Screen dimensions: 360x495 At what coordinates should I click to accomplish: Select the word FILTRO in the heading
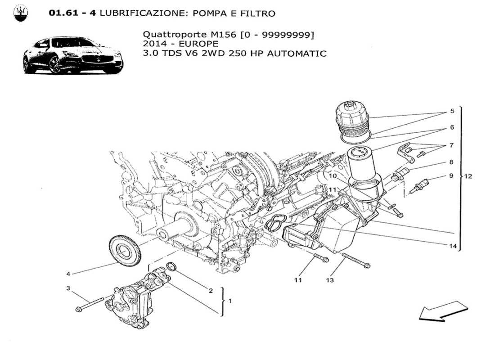click(260, 13)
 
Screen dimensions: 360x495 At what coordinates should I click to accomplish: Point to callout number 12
click(468, 176)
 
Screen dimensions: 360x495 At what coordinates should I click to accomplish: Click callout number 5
click(452, 111)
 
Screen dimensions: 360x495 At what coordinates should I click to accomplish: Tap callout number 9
click(450, 176)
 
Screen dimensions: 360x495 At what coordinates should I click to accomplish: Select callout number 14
click(452, 246)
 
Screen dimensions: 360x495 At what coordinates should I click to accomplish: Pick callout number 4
click(68, 273)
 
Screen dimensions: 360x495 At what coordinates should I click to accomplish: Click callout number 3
click(69, 288)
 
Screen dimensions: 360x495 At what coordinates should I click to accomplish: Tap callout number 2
click(210, 291)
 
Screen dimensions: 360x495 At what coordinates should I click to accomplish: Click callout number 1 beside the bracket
click(230, 301)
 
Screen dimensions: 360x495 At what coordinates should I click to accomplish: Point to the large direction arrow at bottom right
click(443, 311)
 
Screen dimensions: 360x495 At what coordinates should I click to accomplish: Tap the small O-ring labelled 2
click(171, 267)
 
